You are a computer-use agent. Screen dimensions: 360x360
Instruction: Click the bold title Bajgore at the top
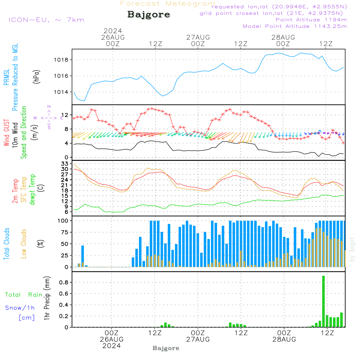click(x=149, y=15)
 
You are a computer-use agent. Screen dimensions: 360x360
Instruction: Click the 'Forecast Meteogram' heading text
click(x=168, y=4)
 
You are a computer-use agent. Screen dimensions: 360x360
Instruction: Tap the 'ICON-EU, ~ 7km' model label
click(x=46, y=20)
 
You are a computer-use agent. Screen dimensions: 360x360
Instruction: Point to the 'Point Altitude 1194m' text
click(x=311, y=20)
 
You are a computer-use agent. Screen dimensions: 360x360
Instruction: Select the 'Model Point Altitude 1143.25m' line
click(x=295, y=26)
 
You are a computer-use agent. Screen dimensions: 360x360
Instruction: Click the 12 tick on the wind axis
click(x=65, y=114)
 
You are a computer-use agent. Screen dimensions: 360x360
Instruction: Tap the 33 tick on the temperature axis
click(x=64, y=164)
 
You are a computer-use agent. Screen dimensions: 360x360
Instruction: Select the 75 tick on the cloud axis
click(x=64, y=232)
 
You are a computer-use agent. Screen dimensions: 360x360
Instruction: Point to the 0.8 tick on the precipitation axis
click(x=64, y=283)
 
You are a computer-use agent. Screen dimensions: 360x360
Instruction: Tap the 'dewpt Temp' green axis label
click(x=33, y=190)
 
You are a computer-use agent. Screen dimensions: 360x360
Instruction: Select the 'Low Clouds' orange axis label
click(x=24, y=243)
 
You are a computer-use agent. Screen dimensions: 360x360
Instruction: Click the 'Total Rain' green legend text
click(x=23, y=295)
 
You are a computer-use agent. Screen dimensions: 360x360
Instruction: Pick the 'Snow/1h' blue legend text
click(x=20, y=308)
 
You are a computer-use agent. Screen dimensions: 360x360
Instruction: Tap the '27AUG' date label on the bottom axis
click(x=198, y=339)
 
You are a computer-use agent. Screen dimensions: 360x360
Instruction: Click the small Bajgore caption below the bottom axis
click(x=166, y=348)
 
